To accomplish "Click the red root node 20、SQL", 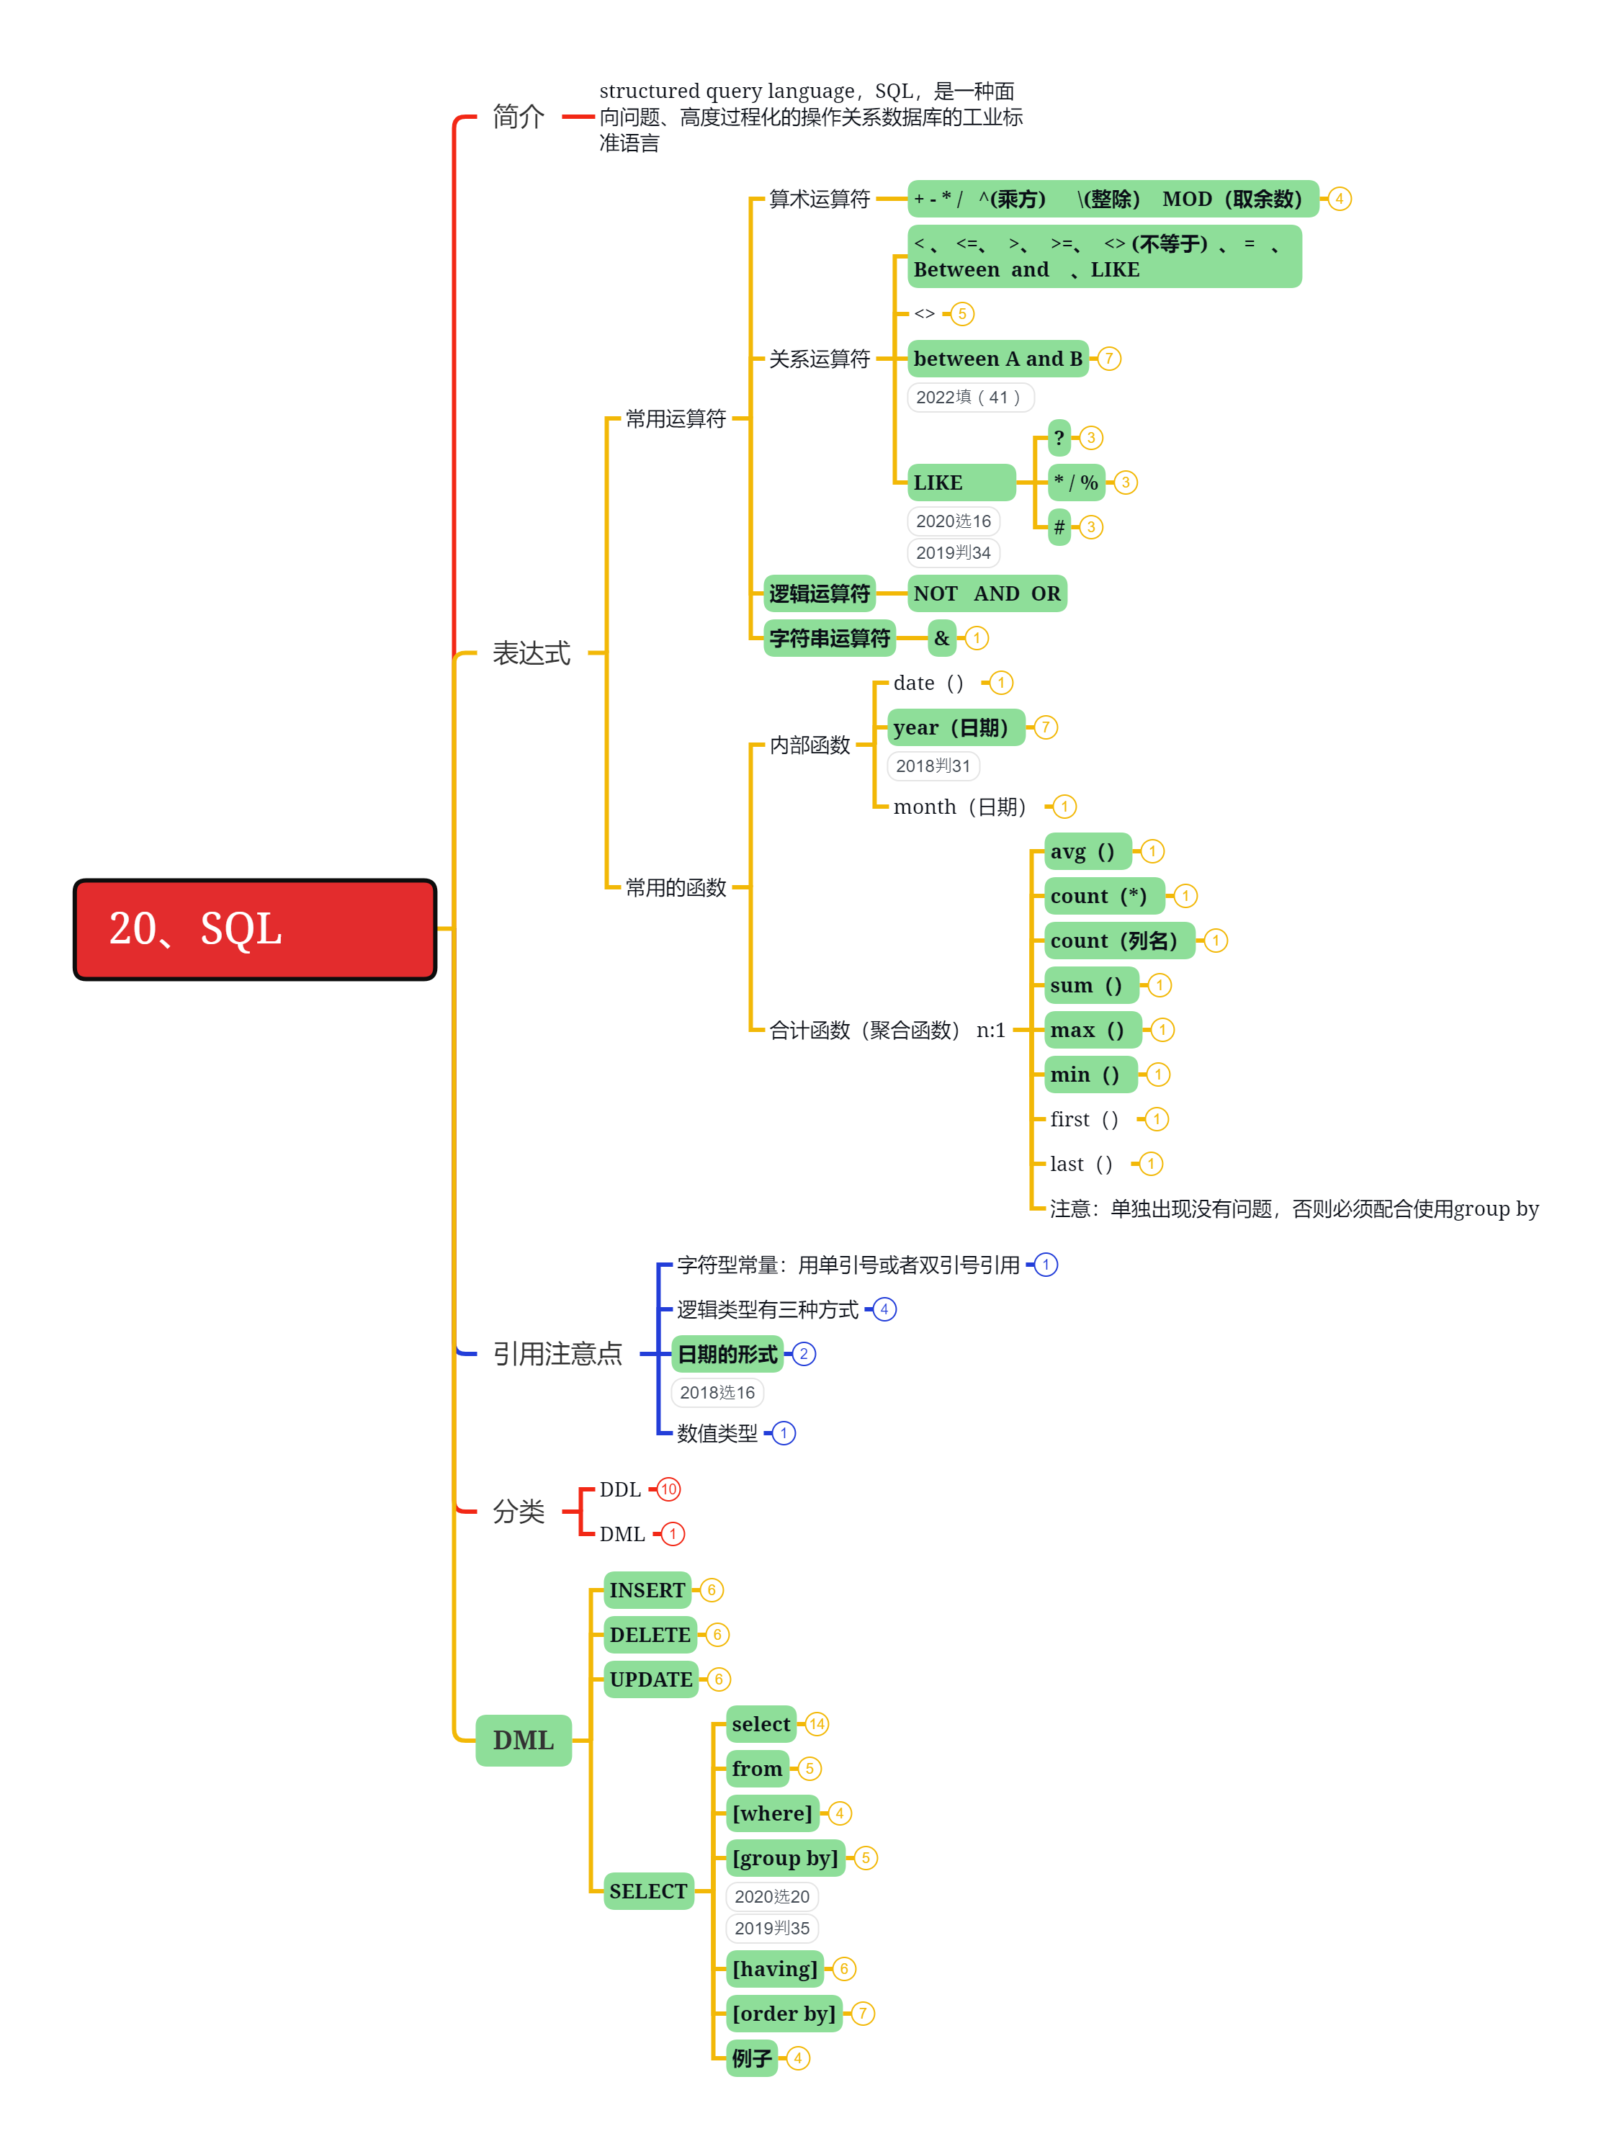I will [x=255, y=929].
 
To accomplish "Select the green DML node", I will [x=523, y=1740].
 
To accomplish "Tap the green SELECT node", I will [x=647, y=1890].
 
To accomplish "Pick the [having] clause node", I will [x=774, y=1968].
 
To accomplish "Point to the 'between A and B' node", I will [x=997, y=359].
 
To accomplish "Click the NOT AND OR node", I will [x=987, y=593].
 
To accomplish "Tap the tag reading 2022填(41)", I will [x=969, y=398].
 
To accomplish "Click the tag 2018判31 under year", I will [x=933, y=766].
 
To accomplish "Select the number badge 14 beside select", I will [x=816, y=1724].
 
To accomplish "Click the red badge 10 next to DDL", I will [x=668, y=1489].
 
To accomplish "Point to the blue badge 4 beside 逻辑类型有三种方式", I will [x=884, y=1309].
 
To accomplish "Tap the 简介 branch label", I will [x=518, y=117].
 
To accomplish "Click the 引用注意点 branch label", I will [x=557, y=1353].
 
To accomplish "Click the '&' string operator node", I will [x=941, y=638].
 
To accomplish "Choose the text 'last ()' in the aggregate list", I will [x=1080, y=1164].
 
